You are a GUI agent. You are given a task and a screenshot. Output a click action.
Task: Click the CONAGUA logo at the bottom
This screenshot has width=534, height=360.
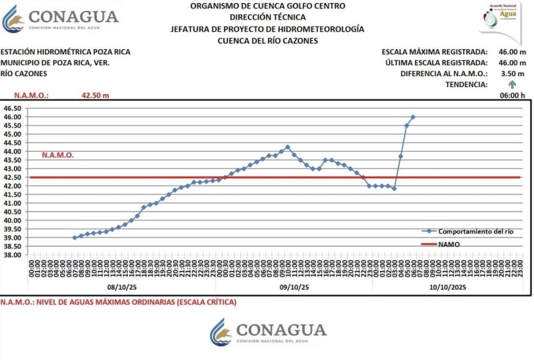pyautogui.click(x=268, y=332)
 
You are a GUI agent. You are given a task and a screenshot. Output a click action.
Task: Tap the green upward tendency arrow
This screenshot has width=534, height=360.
pyautogui.click(x=512, y=84)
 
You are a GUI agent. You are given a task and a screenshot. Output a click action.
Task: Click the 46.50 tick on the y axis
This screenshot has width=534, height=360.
pyautogui.click(x=13, y=108)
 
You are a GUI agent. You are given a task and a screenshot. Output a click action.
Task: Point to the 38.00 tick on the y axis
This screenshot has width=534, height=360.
pyautogui.click(x=13, y=255)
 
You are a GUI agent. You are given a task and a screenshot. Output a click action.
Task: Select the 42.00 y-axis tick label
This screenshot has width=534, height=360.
pyautogui.click(x=13, y=186)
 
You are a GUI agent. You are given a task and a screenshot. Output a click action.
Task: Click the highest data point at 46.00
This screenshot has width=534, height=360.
pyautogui.click(x=413, y=117)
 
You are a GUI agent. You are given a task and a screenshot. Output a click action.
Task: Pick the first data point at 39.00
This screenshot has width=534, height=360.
pyautogui.click(x=75, y=237)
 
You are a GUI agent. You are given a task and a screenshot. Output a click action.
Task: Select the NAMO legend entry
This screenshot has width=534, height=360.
pyautogui.click(x=449, y=244)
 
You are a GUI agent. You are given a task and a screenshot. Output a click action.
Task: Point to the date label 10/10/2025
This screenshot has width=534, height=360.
pyautogui.click(x=448, y=287)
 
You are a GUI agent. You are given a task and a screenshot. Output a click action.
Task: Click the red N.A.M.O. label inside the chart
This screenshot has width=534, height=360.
pyautogui.click(x=58, y=155)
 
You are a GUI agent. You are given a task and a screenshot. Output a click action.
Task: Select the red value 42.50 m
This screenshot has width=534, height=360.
pyautogui.click(x=95, y=95)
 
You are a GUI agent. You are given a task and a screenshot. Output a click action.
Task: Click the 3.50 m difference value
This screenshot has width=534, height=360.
pyautogui.click(x=515, y=74)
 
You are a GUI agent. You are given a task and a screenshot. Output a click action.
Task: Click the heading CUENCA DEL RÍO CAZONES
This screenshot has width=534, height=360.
pyautogui.click(x=267, y=40)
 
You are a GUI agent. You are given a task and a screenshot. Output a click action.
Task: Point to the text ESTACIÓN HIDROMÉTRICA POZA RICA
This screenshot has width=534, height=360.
pyautogui.click(x=66, y=52)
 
